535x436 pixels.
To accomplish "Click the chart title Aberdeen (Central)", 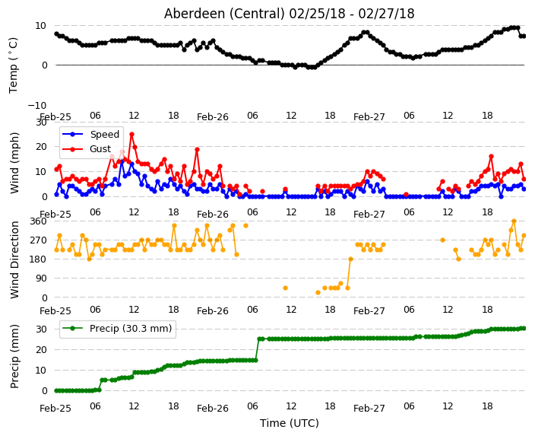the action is pyautogui.click(x=224, y=14).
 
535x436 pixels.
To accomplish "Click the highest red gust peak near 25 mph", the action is pyautogui.click(x=131, y=135).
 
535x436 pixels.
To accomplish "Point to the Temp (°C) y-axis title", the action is pyautogui.click(x=14, y=65).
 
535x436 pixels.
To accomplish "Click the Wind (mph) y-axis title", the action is pyautogui.click(x=14, y=163).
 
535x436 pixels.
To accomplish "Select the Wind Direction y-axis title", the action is pyautogui.click(x=14, y=259).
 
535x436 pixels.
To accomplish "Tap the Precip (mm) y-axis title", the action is pyautogui.click(x=14, y=356).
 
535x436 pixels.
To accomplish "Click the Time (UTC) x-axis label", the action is pyautogui.click(x=290, y=423).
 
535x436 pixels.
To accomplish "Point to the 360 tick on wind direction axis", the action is pyautogui.click(x=38, y=221).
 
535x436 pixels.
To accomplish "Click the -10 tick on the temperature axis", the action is pyautogui.click(x=36, y=105).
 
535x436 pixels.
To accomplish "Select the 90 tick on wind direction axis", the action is pyautogui.click(x=41, y=278).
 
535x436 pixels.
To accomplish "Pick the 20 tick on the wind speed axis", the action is pyautogui.click(x=41, y=147).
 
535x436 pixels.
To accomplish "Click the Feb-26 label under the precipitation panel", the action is pyautogui.click(x=213, y=409).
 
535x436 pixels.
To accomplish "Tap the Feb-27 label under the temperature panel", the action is pyautogui.click(x=369, y=117).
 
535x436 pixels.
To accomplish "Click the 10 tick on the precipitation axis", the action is pyautogui.click(x=41, y=371).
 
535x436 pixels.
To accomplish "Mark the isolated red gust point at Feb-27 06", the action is pyautogui.click(x=406, y=195).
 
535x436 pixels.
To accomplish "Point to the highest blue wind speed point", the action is pyautogui.click(x=122, y=161).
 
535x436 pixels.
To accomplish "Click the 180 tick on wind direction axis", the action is pyautogui.click(x=38, y=259).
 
